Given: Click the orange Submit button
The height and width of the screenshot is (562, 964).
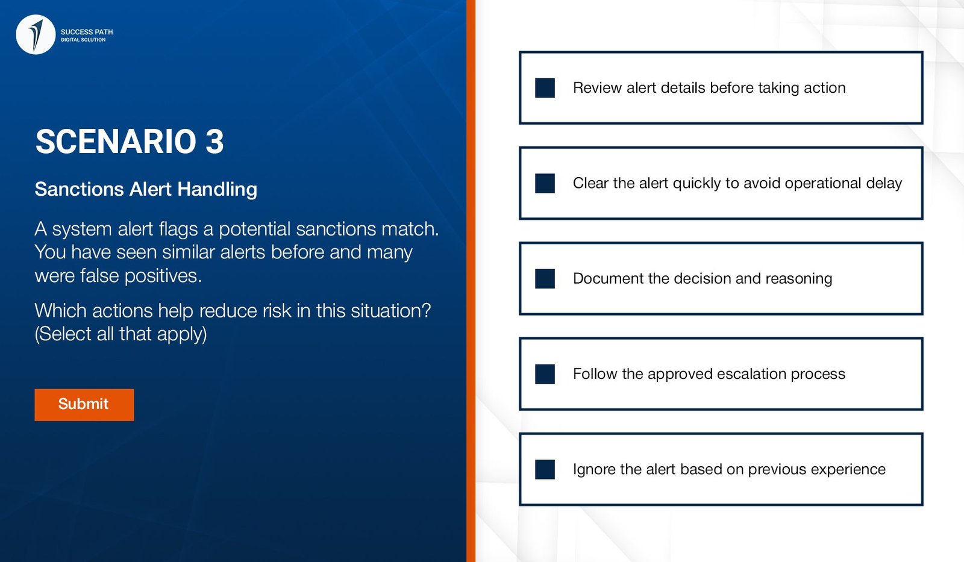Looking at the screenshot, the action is click(x=84, y=405).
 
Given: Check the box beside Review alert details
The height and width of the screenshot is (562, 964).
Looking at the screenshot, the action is click(x=545, y=88).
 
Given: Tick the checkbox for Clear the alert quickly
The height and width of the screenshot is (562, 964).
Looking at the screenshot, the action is click(x=545, y=183).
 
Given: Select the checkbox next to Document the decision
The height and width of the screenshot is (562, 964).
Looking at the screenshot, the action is click(x=545, y=278).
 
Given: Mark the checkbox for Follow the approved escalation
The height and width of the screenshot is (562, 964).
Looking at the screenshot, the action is click(x=545, y=374).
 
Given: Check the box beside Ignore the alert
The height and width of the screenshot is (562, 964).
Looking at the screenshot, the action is click(x=545, y=469).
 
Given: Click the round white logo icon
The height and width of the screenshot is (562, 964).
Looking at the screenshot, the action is click(x=36, y=34).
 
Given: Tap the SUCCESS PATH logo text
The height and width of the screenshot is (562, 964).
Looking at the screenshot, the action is click(x=87, y=32).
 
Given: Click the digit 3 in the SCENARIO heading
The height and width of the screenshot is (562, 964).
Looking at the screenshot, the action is click(x=214, y=141).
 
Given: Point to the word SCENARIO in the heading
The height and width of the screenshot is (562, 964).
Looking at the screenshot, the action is click(x=116, y=141).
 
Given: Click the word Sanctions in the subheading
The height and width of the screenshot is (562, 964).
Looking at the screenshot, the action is click(x=79, y=189).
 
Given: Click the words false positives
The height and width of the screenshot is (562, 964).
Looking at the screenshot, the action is click(x=140, y=275).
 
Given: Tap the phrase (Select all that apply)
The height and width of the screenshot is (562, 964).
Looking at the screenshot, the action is click(x=121, y=334).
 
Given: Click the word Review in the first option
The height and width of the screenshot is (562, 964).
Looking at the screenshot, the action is click(x=597, y=88).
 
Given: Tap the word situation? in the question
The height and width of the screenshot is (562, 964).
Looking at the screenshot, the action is click(x=391, y=311).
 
